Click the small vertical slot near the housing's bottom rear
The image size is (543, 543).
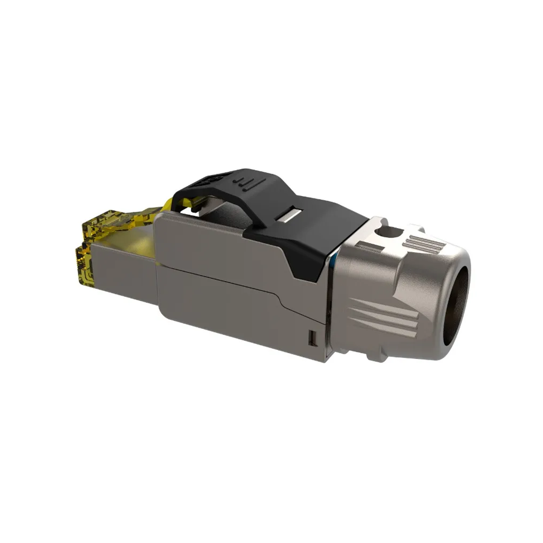coord(313,338)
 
